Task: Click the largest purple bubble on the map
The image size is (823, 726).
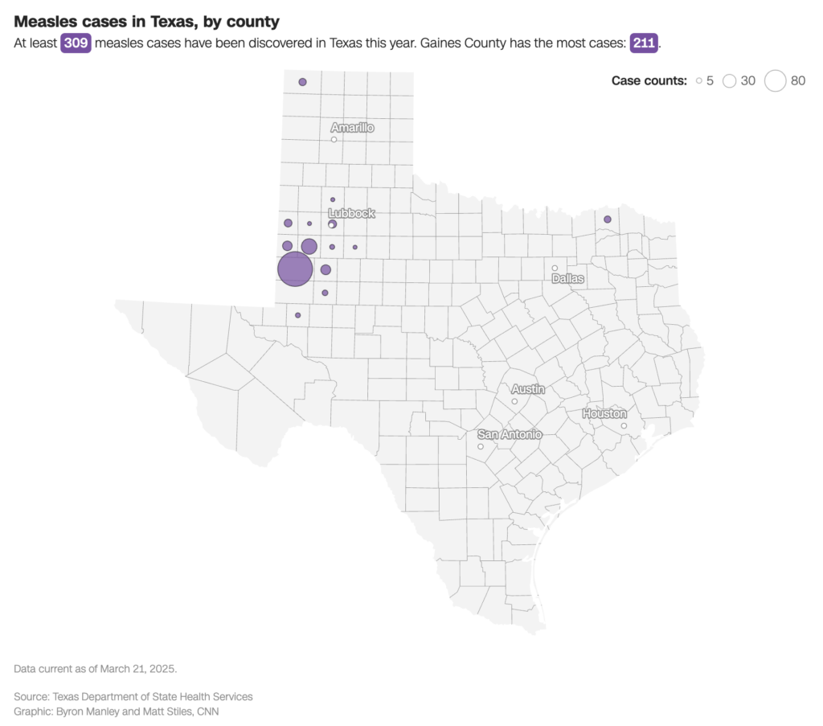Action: click(295, 269)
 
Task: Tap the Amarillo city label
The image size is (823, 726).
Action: click(352, 128)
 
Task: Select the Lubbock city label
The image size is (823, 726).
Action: click(352, 213)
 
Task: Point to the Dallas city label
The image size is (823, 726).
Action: click(568, 278)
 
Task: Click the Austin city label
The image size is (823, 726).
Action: click(528, 389)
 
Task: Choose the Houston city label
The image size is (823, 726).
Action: click(604, 413)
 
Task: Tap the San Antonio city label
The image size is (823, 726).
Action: click(510, 434)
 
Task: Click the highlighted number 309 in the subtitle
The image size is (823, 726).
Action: click(76, 43)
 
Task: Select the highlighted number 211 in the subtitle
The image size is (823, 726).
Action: click(644, 43)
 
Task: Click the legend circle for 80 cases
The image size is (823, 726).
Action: click(775, 80)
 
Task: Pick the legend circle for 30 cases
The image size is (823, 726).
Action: click(729, 80)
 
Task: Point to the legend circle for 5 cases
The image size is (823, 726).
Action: click(699, 80)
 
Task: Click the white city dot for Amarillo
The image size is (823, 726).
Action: click(334, 140)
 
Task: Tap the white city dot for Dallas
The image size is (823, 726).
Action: click(555, 268)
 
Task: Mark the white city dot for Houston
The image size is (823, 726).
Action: click(624, 425)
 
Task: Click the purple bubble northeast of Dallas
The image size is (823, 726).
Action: click(608, 219)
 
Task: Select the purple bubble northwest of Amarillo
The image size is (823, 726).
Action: click(302, 82)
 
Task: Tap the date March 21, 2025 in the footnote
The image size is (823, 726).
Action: click(133, 669)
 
